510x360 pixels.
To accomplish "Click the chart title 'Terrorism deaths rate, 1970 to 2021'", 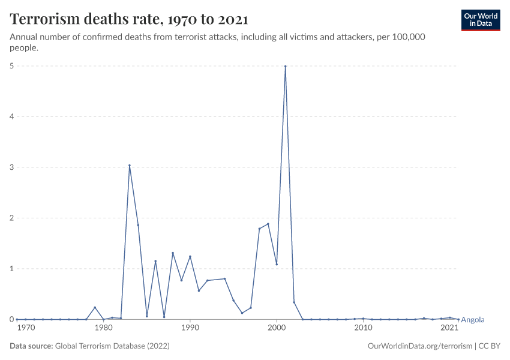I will click(x=129, y=19).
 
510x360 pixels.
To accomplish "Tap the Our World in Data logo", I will click(x=480, y=20).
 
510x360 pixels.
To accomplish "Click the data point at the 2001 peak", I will click(x=285, y=66).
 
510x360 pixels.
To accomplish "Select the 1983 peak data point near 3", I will click(x=130, y=166).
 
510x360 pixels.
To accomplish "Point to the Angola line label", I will click(x=472, y=320).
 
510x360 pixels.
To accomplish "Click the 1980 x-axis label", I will click(x=104, y=328).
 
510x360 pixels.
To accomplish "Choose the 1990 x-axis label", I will click(x=190, y=328).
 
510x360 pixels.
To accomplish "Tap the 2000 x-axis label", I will click(x=277, y=328).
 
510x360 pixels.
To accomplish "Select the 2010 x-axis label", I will click(x=363, y=328).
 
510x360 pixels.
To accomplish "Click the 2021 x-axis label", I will click(x=449, y=328).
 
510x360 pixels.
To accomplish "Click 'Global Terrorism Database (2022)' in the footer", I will click(x=112, y=346).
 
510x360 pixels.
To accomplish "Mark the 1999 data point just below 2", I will click(x=268, y=224).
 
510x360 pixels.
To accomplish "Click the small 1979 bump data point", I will click(x=95, y=307).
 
